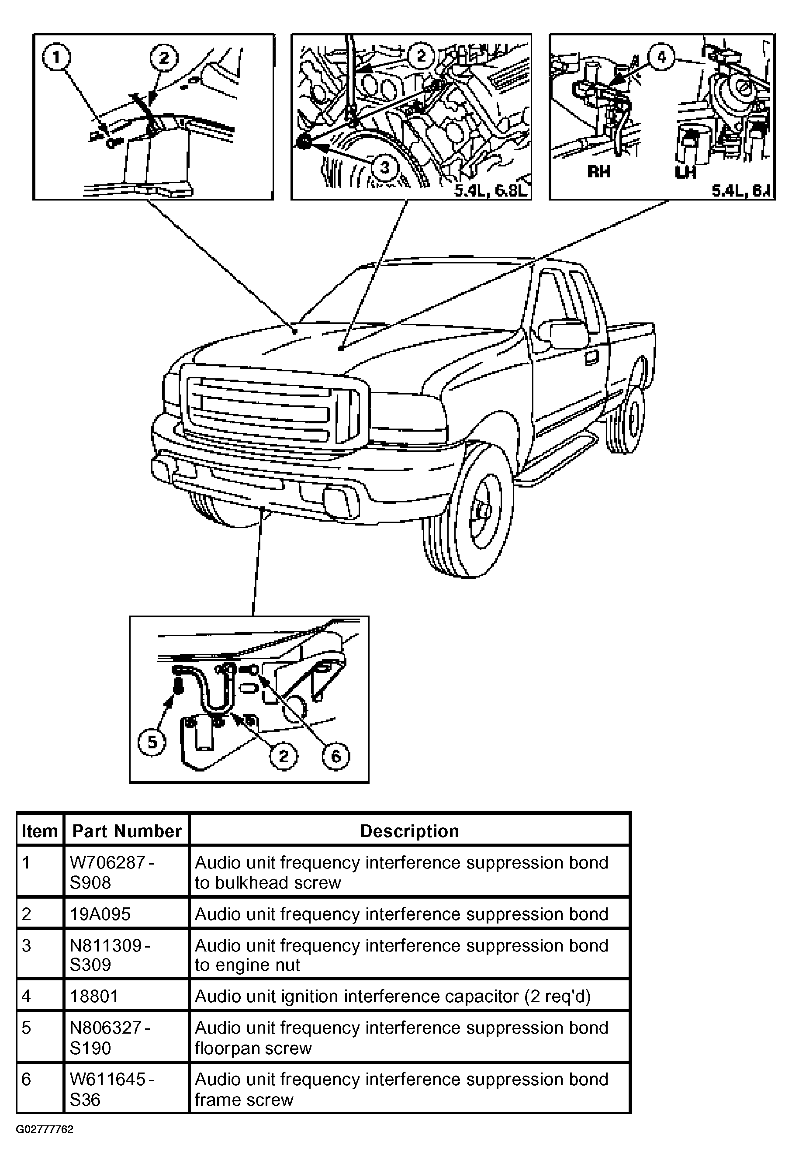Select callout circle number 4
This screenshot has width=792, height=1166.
[661, 57]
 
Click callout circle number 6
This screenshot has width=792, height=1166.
[335, 756]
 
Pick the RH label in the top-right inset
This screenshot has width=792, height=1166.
[598, 172]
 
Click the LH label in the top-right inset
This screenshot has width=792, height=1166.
[685, 172]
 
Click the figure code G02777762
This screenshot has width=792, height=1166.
[45, 1129]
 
